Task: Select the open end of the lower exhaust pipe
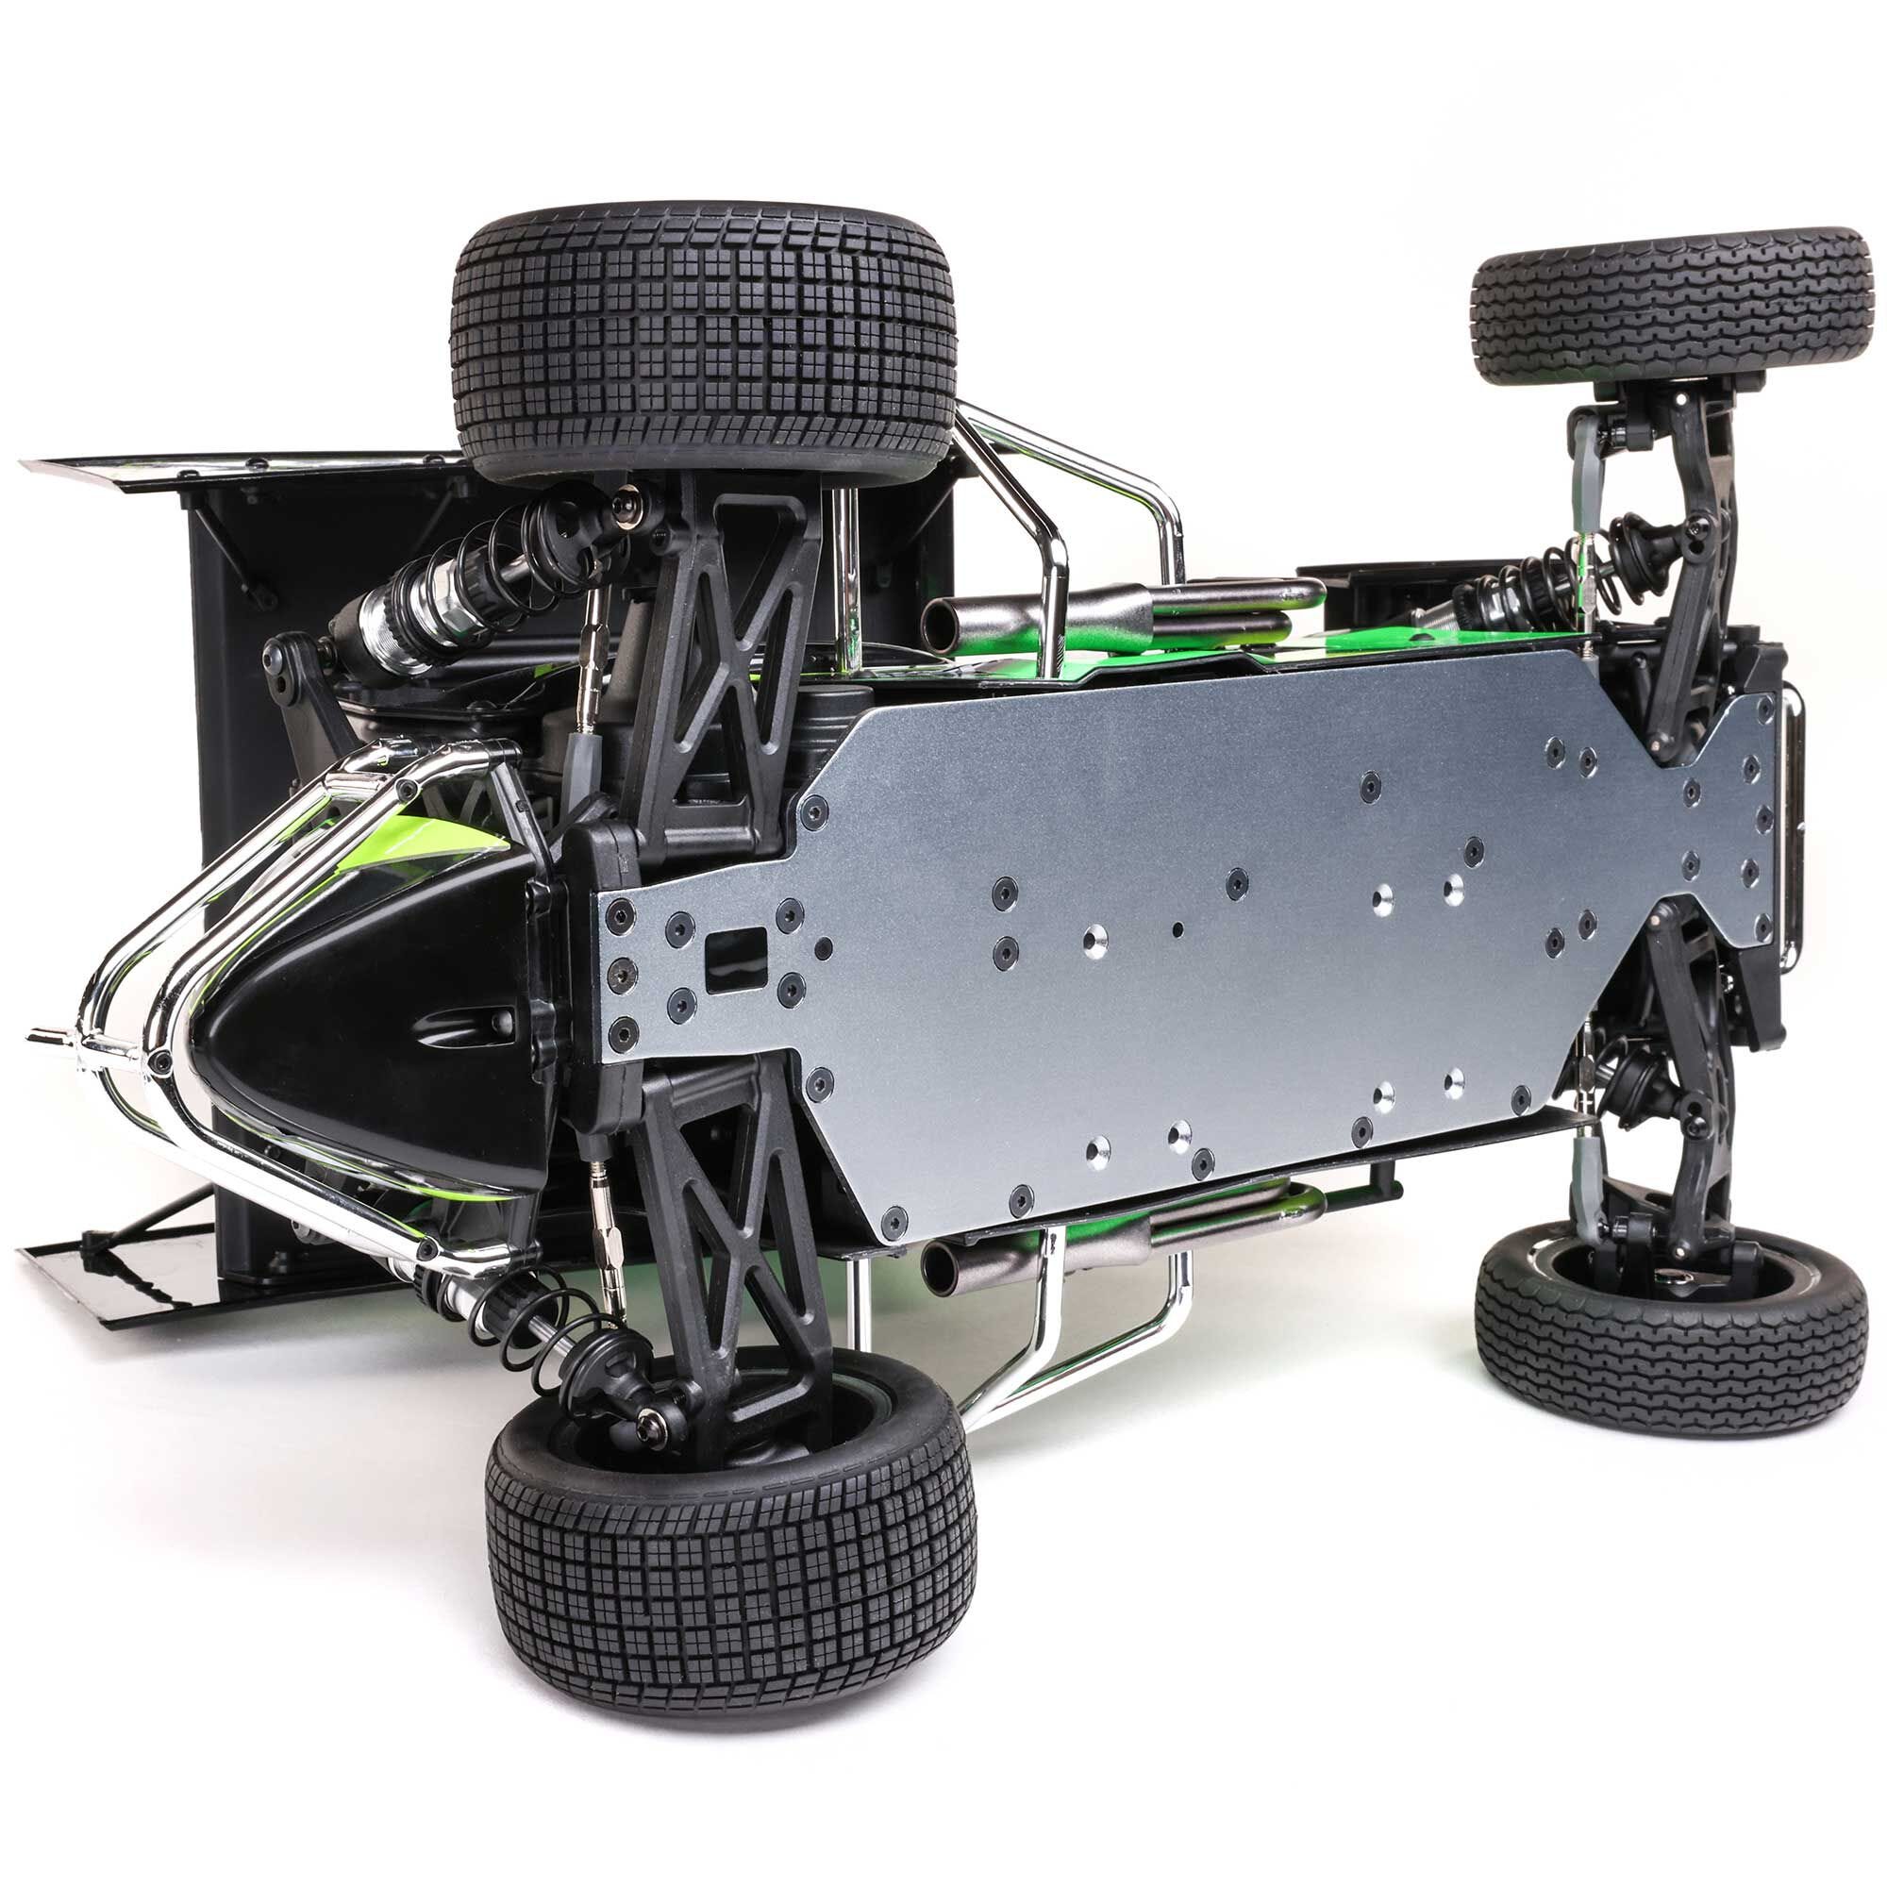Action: click(940, 1264)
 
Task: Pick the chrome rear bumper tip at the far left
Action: click(44, 1038)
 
